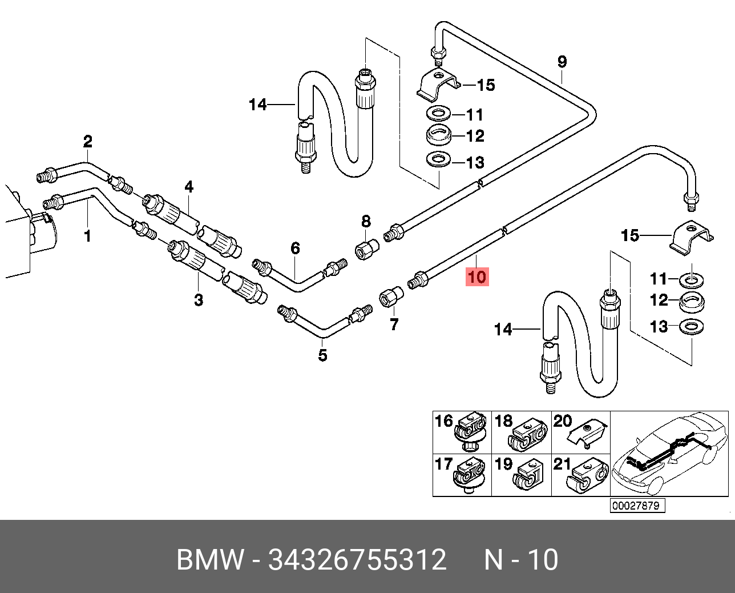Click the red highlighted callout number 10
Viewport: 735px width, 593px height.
pyautogui.click(x=477, y=277)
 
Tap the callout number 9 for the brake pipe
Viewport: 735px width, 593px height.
pyautogui.click(x=562, y=62)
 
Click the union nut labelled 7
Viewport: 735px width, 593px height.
pyautogui.click(x=391, y=298)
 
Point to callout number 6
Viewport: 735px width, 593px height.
pyautogui.click(x=296, y=249)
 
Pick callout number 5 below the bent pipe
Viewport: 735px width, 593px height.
pyautogui.click(x=323, y=355)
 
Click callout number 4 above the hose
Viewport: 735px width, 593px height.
pyautogui.click(x=189, y=187)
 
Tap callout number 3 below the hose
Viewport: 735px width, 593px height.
pyautogui.click(x=199, y=300)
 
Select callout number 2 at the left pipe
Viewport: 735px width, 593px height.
pyautogui.click(x=88, y=141)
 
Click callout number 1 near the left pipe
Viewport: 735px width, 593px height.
pyautogui.click(x=87, y=236)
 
